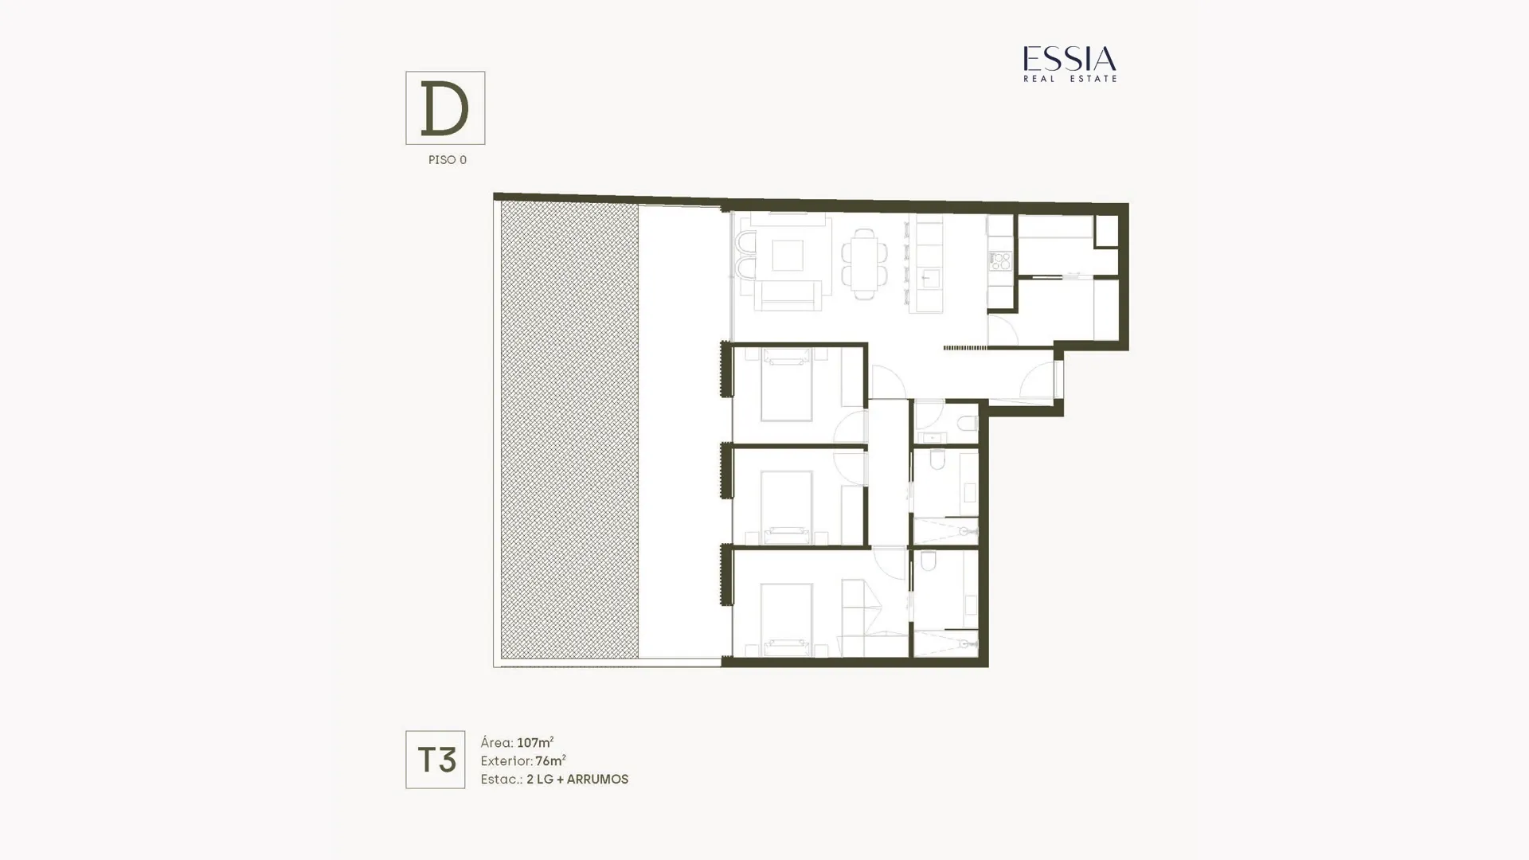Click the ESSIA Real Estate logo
click(x=1070, y=64)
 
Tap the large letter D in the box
click(x=444, y=108)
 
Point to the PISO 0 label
click(x=448, y=160)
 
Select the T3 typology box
click(x=435, y=760)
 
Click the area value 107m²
click(x=535, y=743)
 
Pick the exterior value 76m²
click(x=550, y=761)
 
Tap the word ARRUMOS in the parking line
click(x=597, y=780)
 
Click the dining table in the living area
click(x=865, y=264)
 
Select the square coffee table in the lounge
click(x=787, y=256)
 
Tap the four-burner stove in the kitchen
click(x=1000, y=260)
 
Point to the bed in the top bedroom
click(x=786, y=386)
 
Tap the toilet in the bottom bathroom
click(x=929, y=562)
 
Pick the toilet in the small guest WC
click(x=968, y=424)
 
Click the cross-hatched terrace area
click(x=569, y=430)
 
